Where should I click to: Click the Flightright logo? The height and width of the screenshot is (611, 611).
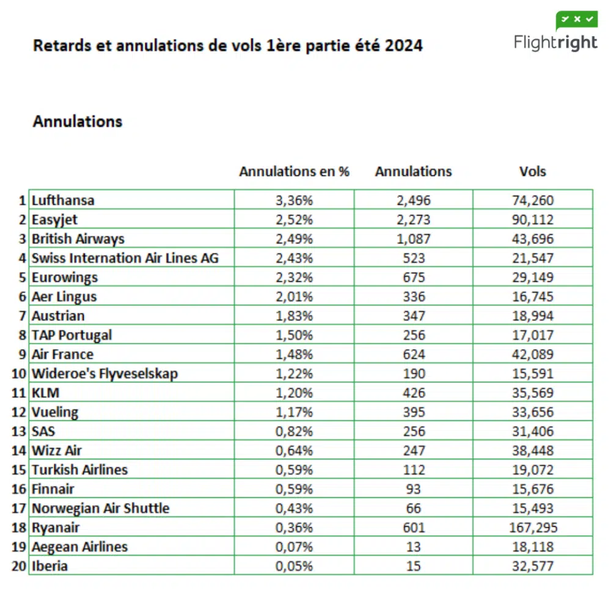(555, 34)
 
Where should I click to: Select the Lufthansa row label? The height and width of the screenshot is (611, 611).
(63, 200)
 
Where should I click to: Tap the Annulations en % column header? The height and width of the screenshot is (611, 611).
(294, 172)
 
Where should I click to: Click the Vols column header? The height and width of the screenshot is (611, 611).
(532, 172)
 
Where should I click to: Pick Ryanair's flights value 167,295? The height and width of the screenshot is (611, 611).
(533, 527)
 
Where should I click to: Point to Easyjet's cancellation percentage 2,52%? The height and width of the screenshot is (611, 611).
(294, 219)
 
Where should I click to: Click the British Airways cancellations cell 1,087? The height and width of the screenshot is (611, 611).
(413, 239)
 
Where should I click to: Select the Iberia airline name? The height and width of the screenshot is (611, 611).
(49, 566)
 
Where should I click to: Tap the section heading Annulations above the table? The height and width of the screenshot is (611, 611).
(78, 122)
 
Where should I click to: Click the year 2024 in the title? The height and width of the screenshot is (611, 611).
(403, 46)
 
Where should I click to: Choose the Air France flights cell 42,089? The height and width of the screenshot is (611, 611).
(533, 354)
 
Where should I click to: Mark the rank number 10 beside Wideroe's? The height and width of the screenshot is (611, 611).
(19, 373)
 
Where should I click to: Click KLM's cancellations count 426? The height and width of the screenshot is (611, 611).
(413, 393)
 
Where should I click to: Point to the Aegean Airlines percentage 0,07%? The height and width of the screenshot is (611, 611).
(294, 547)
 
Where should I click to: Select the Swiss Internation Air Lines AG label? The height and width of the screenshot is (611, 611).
(125, 258)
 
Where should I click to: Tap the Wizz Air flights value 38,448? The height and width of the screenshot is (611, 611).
(533, 451)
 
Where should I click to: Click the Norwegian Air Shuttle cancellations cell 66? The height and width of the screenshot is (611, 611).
(413, 508)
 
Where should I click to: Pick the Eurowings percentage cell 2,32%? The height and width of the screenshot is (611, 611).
(294, 277)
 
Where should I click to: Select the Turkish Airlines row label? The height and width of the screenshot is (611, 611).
(79, 470)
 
